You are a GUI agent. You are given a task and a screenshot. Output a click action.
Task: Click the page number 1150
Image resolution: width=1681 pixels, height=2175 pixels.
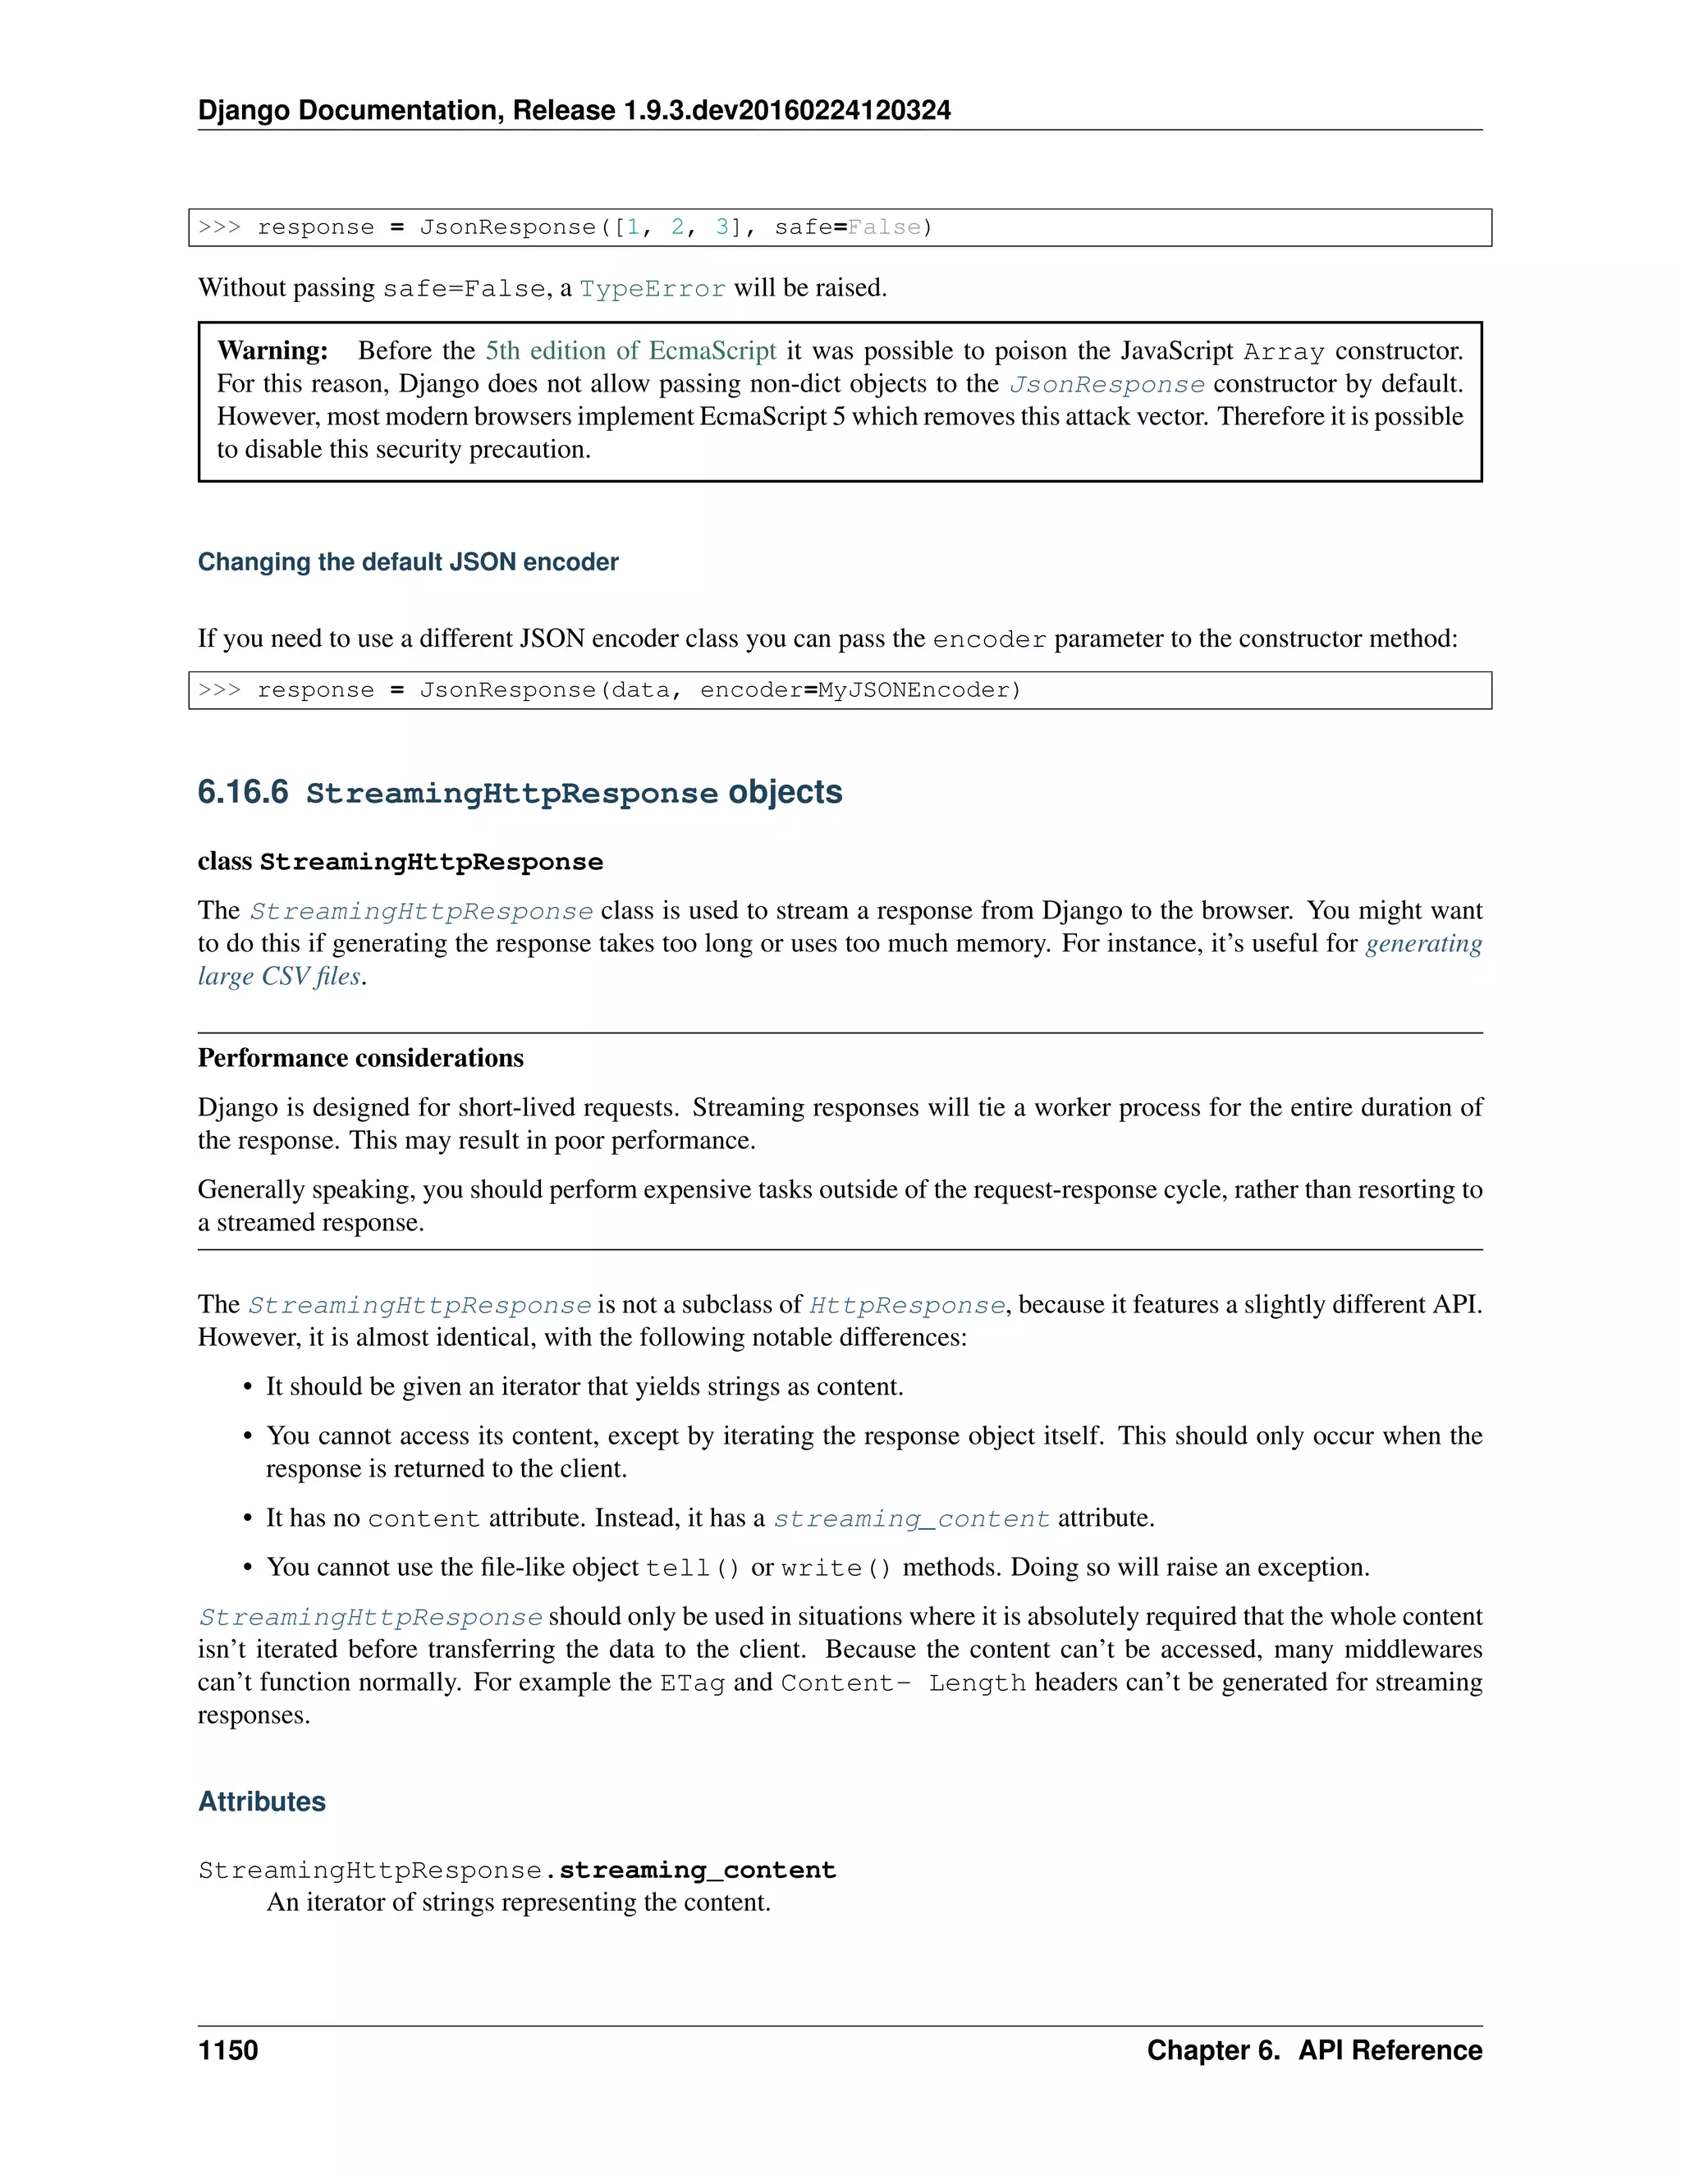(x=228, y=2049)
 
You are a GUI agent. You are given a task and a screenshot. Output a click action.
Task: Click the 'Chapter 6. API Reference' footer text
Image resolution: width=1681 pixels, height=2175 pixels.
(x=1313, y=2049)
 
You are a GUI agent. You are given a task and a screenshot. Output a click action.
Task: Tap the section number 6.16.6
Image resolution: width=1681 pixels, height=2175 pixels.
(x=243, y=792)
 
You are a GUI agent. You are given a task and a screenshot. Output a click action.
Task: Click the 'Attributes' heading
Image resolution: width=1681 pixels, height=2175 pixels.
(x=262, y=1801)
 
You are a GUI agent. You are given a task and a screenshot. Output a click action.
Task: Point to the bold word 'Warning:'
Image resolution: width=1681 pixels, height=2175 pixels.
(x=272, y=350)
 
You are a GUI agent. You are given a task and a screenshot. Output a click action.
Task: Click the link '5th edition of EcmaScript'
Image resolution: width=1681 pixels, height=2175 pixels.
(x=630, y=350)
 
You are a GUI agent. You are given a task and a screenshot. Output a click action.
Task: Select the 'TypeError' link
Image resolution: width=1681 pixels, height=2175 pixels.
(x=653, y=289)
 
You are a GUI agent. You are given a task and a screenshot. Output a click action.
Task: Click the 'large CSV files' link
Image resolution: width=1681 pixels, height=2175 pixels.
(x=279, y=976)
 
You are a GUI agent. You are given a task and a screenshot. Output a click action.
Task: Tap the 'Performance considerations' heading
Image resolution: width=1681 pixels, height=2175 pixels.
(x=360, y=1058)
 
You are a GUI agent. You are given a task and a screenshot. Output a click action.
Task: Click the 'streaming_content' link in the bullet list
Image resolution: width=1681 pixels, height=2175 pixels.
(x=911, y=1518)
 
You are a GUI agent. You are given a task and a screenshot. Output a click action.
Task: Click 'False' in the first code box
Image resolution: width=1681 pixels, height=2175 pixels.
(x=884, y=227)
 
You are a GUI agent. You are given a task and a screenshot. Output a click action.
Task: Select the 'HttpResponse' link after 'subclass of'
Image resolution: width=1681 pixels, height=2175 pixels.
(x=906, y=1306)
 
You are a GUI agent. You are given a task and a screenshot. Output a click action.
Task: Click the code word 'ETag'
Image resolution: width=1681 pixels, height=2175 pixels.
(x=692, y=1683)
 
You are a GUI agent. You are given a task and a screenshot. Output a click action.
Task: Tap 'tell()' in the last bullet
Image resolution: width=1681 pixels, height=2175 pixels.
(x=692, y=1568)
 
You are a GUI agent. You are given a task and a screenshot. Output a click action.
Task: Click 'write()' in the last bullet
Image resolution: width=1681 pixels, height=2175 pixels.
(x=836, y=1568)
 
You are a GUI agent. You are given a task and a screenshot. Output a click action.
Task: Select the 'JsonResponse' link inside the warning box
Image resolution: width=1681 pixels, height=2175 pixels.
(x=1106, y=384)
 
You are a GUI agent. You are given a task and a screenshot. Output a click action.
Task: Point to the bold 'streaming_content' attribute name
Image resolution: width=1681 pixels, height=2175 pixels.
(x=697, y=1870)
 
